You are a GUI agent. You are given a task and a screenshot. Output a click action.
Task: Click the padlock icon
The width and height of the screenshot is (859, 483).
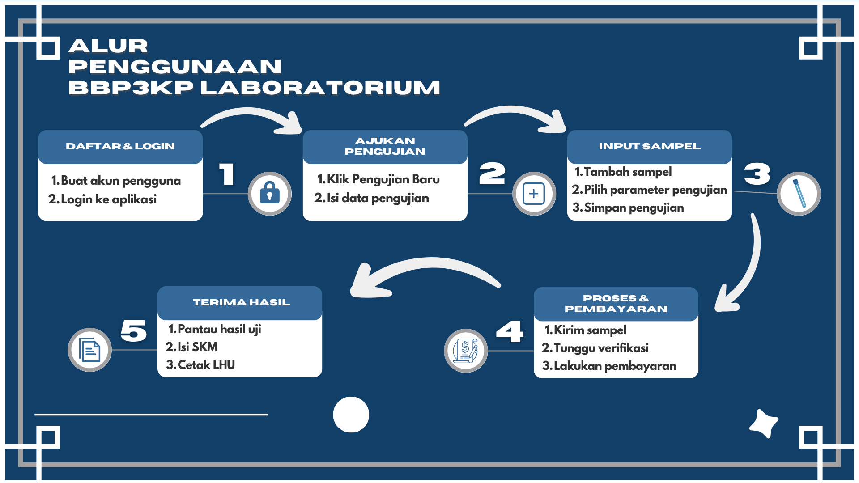coord(270,194)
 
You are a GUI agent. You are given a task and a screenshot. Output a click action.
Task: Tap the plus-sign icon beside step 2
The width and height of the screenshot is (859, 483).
coord(534,194)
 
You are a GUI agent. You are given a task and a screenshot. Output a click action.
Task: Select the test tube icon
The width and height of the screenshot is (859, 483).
coord(799,194)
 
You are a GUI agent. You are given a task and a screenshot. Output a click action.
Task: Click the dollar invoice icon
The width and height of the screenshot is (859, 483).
coord(466,351)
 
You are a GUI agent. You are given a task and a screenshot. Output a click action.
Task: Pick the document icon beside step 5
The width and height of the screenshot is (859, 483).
coord(89,350)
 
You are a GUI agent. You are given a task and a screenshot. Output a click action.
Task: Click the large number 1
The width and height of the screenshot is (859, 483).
coord(227,174)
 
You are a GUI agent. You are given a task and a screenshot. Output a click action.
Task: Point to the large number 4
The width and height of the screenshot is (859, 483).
coord(510,331)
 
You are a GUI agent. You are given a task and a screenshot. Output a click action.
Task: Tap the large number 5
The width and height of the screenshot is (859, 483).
coord(134,331)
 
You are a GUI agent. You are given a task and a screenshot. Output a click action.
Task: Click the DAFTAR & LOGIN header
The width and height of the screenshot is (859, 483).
coord(120,146)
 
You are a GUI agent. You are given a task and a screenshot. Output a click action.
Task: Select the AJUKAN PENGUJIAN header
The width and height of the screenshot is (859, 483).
coord(385,146)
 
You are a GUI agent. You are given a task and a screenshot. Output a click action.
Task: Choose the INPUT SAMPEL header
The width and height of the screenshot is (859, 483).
coord(650,146)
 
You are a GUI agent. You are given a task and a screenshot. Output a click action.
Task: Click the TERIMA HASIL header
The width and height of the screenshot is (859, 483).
coord(241,302)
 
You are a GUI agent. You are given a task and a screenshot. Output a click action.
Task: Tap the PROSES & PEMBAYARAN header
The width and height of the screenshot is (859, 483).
coord(616,304)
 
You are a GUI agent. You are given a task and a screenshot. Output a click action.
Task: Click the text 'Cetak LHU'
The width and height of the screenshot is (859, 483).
coord(206,365)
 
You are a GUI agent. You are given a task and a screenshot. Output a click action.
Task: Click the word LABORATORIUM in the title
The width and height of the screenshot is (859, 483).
coord(320,88)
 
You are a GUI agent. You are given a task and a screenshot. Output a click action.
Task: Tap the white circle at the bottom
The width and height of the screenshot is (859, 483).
coord(351,415)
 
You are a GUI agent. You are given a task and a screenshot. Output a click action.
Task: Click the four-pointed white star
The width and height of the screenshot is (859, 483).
coord(764,423)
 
